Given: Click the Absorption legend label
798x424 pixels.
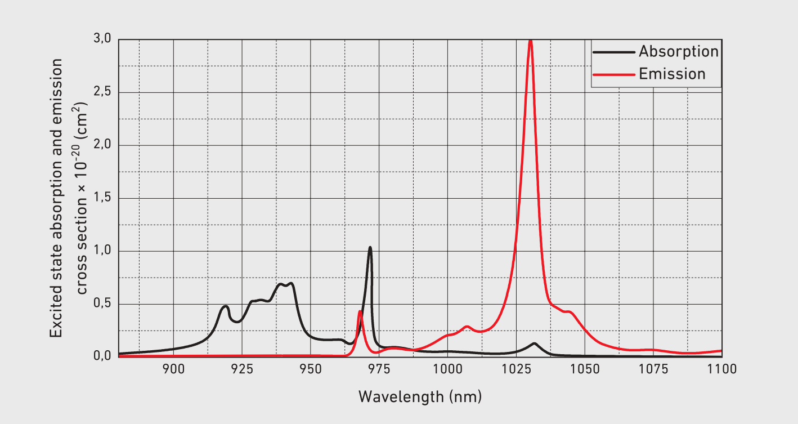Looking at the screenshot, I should [x=679, y=52].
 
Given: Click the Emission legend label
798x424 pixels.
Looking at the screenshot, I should [x=672, y=74].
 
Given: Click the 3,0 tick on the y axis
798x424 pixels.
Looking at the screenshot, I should [x=103, y=39].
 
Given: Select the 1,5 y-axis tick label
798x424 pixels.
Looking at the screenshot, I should [x=103, y=198].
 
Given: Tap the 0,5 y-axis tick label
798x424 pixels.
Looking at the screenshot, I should [x=103, y=304].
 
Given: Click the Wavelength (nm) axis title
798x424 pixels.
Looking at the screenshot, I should [x=420, y=396].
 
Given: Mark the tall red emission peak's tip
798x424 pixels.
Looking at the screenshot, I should [x=530, y=41].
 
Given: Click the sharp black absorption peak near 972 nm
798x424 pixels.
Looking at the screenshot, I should [x=370, y=247].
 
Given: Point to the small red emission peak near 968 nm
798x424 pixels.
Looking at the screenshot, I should [x=360, y=311].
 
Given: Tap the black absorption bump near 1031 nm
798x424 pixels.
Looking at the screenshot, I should [x=534, y=343].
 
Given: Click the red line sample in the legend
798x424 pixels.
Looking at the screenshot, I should [x=613, y=74].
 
